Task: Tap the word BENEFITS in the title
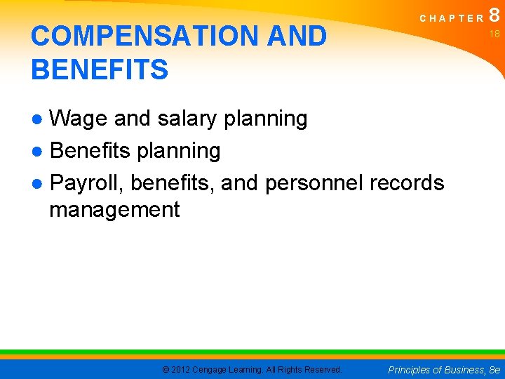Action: [100, 70]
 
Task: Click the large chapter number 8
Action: [494, 15]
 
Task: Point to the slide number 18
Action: [494, 34]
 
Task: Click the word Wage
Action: [79, 119]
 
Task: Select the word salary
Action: [188, 119]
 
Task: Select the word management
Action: [114, 209]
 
